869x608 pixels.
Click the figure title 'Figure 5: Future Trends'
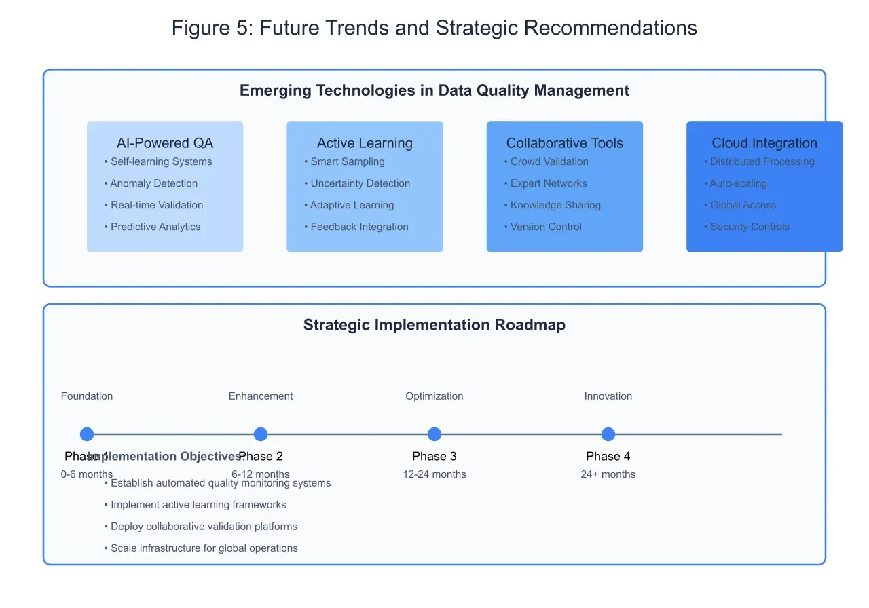pyautogui.click(x=434, y=28)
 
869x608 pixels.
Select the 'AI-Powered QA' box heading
pyautogui.click(x=165, y=143)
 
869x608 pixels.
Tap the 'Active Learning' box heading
pyautogui.click(x=365, y=143)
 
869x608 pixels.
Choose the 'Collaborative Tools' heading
pyautogui.click(x=564, y=143)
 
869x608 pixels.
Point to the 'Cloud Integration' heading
pyautogui.click(x=764, y=143)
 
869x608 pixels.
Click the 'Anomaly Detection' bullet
pyautogui.click(x=153, y=183)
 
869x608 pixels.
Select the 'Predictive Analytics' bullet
pyautogui.click(x=155, y=227)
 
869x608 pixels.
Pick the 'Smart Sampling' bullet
pyautogui.click(x=348, y=161)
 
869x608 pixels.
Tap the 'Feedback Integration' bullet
pyautogui.click(x=359, y=227)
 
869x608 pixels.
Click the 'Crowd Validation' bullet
pyautogui.click(x=549, y=161)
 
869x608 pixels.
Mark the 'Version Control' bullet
pyautogui.click(x=546, y=227)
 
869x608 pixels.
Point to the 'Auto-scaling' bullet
pyautogui.click(x=738, y=183)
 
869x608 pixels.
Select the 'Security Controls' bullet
pyautogui.click(x=750, y=227)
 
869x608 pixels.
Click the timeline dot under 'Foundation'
pyautogui.click(x=87, y=434)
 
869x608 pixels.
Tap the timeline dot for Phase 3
pyautogui.click(x=434, y=434)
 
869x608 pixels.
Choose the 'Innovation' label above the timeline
pyautogui.click(x=608, y=396)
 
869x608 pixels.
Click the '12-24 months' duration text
pyautogui.click(x=434, y=474)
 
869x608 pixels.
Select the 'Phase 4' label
pyautogui.click(x=608, y=456)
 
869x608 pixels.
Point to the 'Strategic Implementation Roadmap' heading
pyautogui.click(x=434, y=325)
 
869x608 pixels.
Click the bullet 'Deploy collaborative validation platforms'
pyautogui.click(x=204, y=527)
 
